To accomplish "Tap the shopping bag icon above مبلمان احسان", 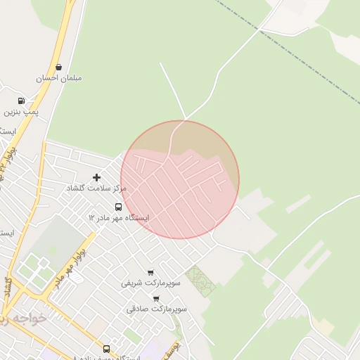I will [x=58, y=67].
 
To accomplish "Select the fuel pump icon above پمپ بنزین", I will [x=21, y=101].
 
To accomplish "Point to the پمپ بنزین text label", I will [x=21, y=111].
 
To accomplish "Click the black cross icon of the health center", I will [x=96, y=177].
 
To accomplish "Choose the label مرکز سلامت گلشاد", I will [x=96, y=188].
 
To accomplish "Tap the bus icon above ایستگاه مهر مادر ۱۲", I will [x=118, y=207].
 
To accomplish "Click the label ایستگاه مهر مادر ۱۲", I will [x=118, y=218].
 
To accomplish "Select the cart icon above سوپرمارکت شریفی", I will [x=150, y=272].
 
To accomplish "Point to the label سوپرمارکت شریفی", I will [x=150, y=283].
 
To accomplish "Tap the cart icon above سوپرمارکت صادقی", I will [x=156, y=298].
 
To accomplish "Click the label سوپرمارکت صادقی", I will [x=156, y=309].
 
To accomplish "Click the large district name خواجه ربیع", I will [x=25, y=319].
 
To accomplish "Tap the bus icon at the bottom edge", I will [x=106, y=349].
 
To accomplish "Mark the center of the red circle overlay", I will [x=180, y=179].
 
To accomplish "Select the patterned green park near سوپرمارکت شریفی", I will [x=199, y=281].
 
